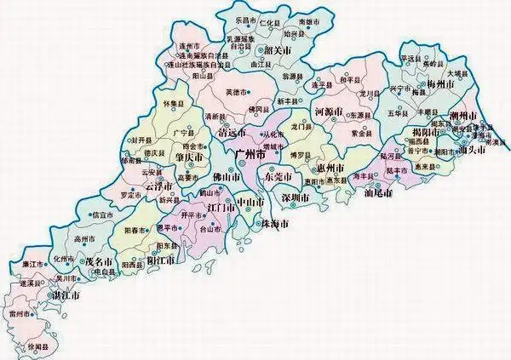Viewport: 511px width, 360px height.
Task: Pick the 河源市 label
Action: (x=328, y=111)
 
